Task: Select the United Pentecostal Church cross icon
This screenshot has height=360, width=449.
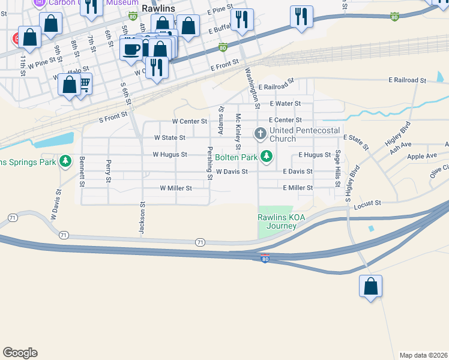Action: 261,133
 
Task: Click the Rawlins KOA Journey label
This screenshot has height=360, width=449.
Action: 277,221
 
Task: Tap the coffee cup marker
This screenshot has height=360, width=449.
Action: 131,49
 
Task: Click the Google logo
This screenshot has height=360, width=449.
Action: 20,353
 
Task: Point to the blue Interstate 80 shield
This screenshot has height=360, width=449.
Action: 265,258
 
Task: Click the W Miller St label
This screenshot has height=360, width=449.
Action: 175,188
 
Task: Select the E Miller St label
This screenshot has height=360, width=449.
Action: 298,188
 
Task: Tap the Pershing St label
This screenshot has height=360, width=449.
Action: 210,163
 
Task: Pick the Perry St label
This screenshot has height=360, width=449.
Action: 109,170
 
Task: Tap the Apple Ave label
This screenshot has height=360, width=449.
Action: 422,157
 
